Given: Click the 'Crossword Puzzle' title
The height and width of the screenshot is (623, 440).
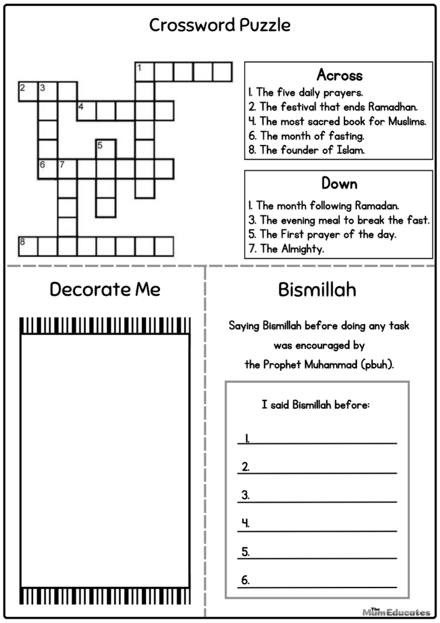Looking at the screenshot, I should tap(219, 25).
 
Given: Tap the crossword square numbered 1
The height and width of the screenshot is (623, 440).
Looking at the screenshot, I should tap(144, 72).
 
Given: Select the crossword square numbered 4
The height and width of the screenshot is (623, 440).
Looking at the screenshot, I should tap(87, 111).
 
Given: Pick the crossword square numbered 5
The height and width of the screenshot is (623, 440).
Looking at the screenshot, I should tap(106, 150).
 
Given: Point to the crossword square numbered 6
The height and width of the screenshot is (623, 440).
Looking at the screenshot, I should tap(48, 169).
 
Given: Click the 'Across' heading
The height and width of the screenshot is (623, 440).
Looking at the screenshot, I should tap(339, 75).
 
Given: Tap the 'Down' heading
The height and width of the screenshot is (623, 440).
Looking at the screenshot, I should tap(339, 183).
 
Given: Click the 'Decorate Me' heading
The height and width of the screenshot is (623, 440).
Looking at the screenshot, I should tap(105, 289).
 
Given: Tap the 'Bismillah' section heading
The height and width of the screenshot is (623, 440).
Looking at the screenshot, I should tap(317, 289).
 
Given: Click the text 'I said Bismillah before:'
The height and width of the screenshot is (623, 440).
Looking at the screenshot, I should tap(316, 405).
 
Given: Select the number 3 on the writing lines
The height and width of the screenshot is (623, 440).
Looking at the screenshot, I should tap(245, 495).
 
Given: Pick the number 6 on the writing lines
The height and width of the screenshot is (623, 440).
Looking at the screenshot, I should tap(245, 580).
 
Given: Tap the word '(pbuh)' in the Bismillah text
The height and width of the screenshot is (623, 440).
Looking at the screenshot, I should tap(377, 365).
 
